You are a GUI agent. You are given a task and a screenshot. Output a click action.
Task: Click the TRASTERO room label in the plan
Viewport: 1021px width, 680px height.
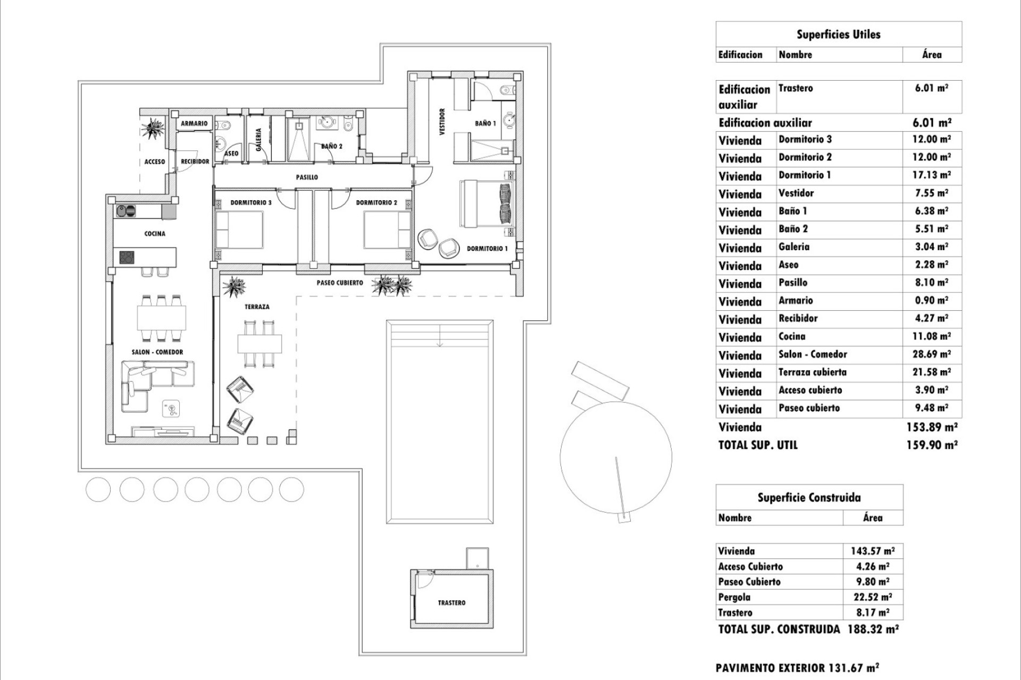451,602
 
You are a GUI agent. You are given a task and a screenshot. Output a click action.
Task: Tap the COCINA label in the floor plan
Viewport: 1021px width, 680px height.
155,233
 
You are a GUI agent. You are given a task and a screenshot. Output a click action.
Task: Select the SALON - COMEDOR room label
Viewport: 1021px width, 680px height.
157,352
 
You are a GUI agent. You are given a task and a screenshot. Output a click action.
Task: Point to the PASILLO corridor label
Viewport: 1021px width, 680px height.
307,177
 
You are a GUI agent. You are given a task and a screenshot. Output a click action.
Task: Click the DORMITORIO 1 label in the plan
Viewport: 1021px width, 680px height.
487,248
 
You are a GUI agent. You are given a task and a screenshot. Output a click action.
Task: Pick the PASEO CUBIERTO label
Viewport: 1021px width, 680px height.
340,283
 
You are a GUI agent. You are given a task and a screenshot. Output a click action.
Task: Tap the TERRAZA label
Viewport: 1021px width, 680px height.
257,307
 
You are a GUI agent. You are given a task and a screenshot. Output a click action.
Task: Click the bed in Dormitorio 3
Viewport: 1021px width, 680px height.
239,229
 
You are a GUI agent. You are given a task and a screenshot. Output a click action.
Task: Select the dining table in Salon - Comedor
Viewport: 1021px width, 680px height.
162,318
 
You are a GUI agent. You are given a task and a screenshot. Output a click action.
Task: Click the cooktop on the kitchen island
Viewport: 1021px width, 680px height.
127,258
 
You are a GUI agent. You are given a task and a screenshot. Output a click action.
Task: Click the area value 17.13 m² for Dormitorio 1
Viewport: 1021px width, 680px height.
931,175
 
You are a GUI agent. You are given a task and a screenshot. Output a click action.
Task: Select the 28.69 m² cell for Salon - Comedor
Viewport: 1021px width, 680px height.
931,354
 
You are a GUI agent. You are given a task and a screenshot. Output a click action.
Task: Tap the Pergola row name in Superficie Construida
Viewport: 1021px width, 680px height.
734,597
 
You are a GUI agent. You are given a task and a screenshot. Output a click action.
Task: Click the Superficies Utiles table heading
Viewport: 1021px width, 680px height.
838,35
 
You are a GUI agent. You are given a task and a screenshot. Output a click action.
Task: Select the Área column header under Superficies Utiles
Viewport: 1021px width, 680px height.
931,54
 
